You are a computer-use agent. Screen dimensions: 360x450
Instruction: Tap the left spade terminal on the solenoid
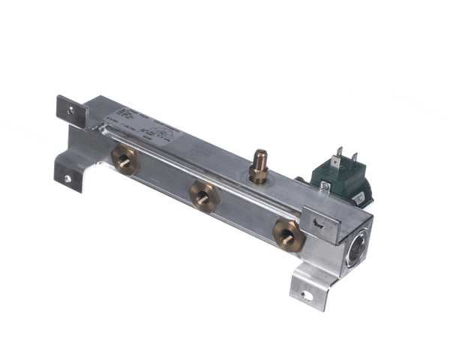339,154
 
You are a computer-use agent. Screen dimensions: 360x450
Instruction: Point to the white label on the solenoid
360,196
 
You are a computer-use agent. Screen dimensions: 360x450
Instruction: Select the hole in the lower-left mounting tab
67,178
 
